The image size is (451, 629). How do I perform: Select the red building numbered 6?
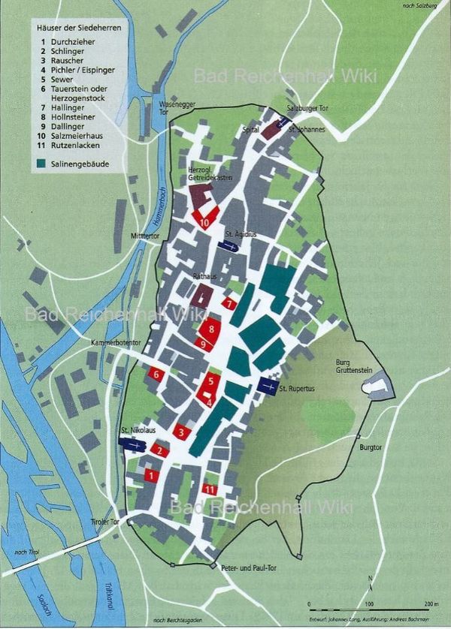coord(156,373)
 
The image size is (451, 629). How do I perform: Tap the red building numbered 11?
coord(210,489)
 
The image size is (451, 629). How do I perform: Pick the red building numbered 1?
coord(150,475)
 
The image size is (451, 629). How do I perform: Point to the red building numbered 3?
coord(181,432)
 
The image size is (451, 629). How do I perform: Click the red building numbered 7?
coord(229,303)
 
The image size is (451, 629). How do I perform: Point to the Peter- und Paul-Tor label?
coord(248,568)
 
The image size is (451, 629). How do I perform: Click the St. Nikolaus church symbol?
coord(133,444)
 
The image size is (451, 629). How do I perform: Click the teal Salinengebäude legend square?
coord(39,161)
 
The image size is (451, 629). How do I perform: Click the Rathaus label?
coord(205,276)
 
